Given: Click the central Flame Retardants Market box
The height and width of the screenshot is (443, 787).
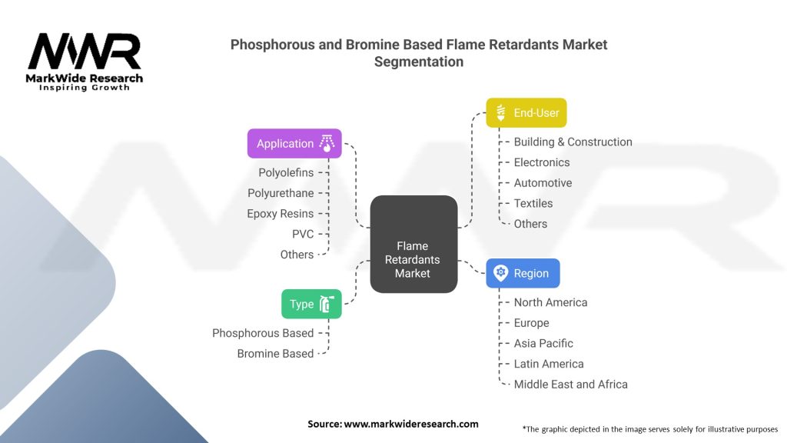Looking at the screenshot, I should [413, 244].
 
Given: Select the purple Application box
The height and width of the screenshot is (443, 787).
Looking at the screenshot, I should [294, 144].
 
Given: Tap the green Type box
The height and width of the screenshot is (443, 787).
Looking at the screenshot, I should [310, 304].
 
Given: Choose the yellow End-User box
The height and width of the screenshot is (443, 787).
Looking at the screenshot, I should [526, 112].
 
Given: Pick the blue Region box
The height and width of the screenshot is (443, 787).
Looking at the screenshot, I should [523, 273].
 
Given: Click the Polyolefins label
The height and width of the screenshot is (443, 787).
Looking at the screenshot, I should [286, 172].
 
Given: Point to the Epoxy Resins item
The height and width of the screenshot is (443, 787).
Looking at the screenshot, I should [280, 213].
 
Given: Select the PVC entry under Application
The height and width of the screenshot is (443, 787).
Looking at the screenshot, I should [303, 234].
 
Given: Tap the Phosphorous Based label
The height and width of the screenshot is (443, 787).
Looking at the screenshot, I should [263, 333].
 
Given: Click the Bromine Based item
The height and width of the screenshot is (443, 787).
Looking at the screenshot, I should [275, 354].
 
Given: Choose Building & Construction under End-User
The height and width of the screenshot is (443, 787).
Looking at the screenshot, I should [573, 142].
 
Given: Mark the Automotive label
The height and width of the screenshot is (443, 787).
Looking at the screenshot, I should [543, 183].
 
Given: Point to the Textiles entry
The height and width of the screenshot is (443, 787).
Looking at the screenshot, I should [533, 203].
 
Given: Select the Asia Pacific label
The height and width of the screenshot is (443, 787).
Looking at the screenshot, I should [543, 343].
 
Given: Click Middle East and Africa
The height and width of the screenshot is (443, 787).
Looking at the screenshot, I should [570, 384].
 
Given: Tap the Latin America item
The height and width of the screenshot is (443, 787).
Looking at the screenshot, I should [549, 364].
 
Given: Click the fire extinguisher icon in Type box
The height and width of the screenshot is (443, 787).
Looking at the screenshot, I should [327, 305].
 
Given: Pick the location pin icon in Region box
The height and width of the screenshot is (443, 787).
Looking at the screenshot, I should [501, 273].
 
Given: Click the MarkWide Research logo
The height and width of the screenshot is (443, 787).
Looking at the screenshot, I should [85, 62].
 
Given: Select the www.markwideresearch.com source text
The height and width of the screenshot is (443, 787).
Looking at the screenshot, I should [410, 424].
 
